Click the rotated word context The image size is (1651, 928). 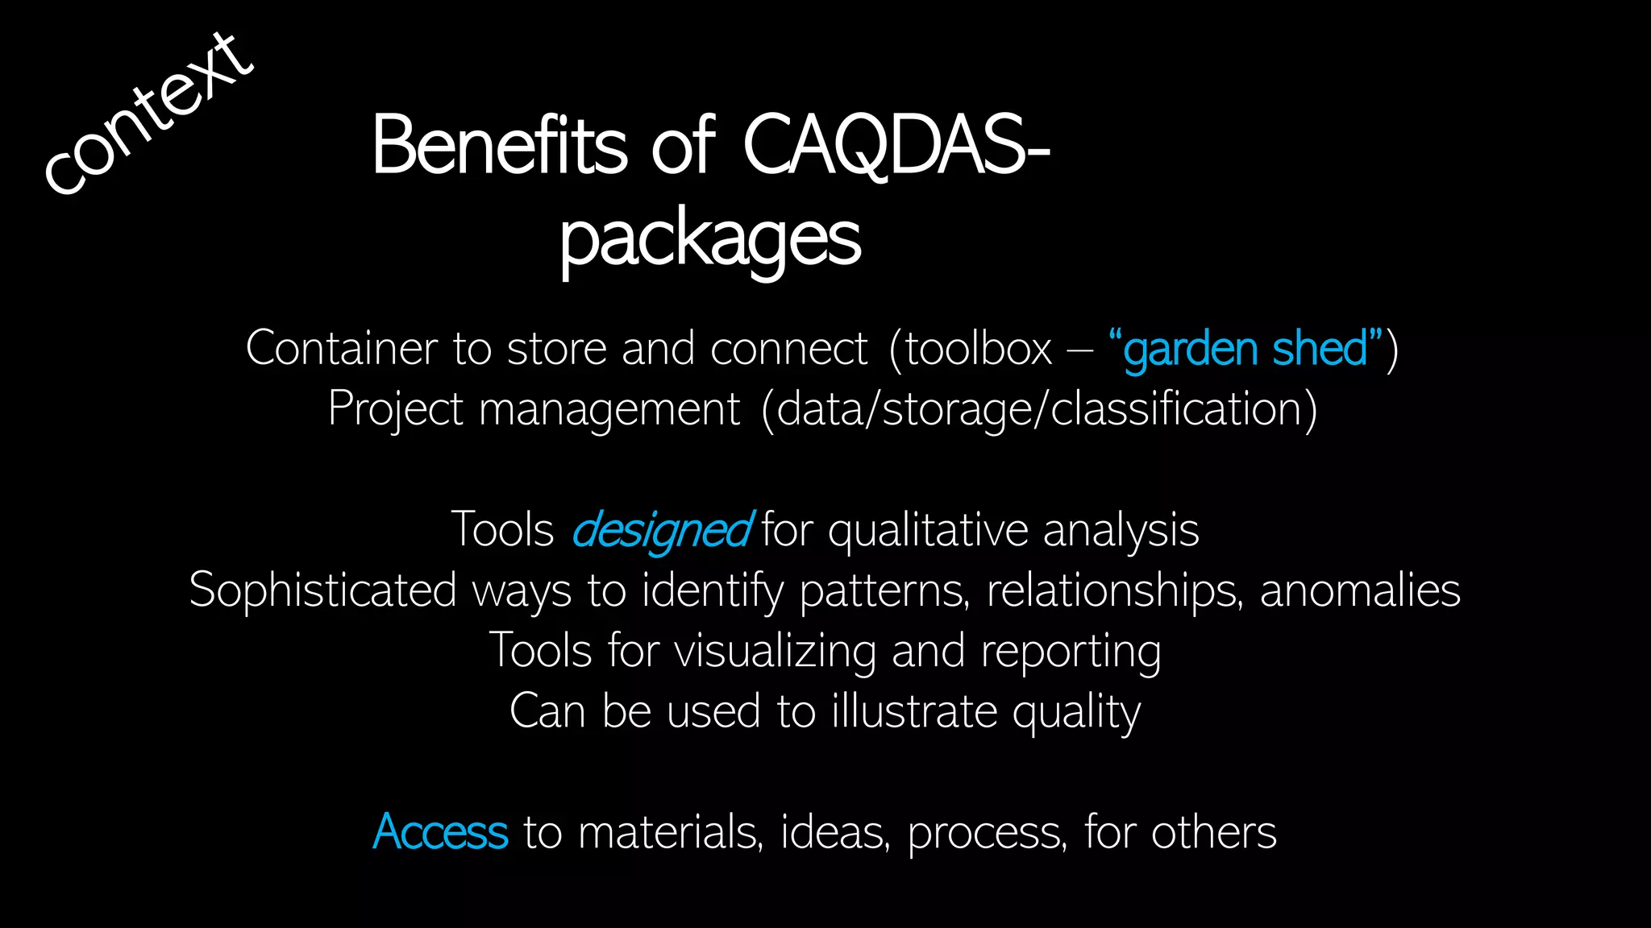coord(149,113)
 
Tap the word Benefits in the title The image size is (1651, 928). coord(499,146)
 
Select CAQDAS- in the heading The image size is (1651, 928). coord(896,146)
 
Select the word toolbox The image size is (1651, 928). coord(979,349)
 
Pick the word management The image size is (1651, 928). coord(609,409)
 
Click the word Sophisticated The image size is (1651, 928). coord(322,590)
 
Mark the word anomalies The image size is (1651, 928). coord(1360,590)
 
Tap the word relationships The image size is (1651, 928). coord(1113,590)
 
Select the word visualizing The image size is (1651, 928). coord(775,651)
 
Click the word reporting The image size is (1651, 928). coord(1071,651)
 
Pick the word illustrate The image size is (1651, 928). coord(914,711)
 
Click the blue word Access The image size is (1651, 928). coord(440,832)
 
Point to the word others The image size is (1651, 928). coord(1213,832)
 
